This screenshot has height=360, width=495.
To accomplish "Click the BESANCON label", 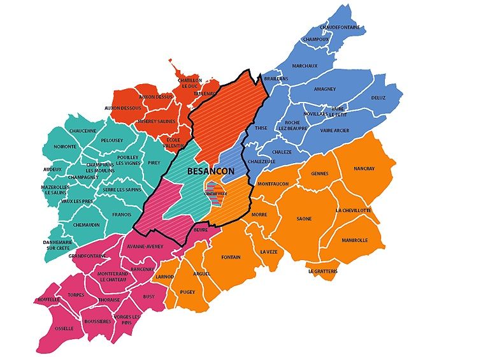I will coord(211,171).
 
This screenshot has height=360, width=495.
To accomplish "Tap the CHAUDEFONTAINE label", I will coord(340,27).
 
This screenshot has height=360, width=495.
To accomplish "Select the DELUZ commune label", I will coord(379,97).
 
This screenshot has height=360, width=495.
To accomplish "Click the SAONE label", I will coord(304,219).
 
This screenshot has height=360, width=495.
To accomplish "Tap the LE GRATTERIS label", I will coord(322,271).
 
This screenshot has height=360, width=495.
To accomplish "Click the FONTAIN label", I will coord(231,257).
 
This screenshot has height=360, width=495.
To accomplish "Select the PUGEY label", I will coord(187,292).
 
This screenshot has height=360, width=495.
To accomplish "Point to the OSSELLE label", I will coord(64,328).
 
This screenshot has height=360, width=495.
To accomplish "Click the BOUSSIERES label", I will coord(97,321).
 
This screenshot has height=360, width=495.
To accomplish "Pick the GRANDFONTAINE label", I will coord(86,256).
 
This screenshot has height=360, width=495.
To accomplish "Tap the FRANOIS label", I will coord(121,215).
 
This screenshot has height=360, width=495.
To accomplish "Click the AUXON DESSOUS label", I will coord(123,108).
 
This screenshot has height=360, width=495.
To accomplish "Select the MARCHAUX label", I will coord(305,66).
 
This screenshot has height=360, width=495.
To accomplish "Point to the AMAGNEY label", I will coord(325,89).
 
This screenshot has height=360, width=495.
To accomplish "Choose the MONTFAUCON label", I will coord(273,184).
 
